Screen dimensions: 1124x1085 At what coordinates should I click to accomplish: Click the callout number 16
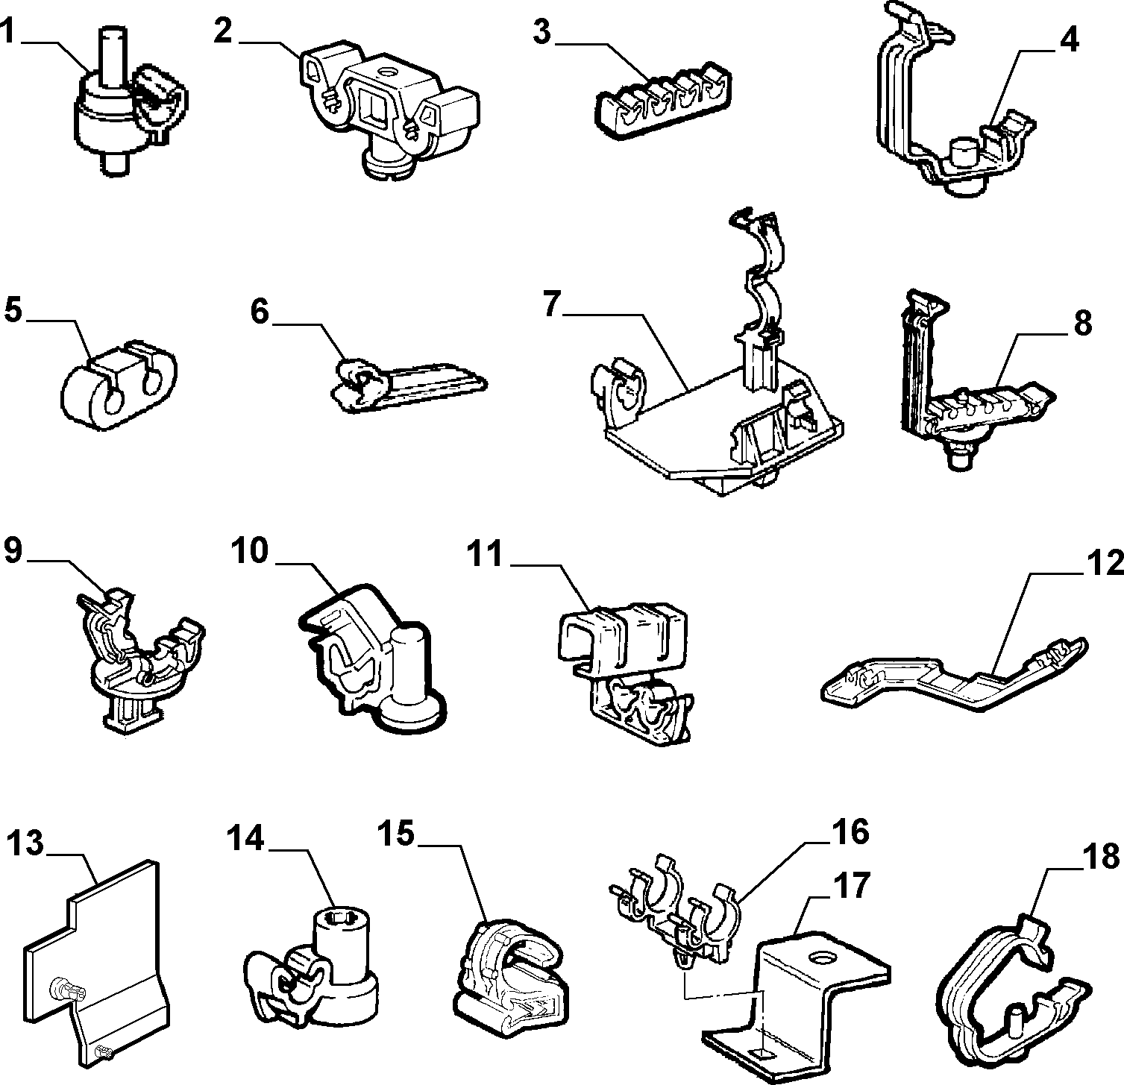(x=850, y=831)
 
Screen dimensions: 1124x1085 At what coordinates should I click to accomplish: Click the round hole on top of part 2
(x=386, y=73)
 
